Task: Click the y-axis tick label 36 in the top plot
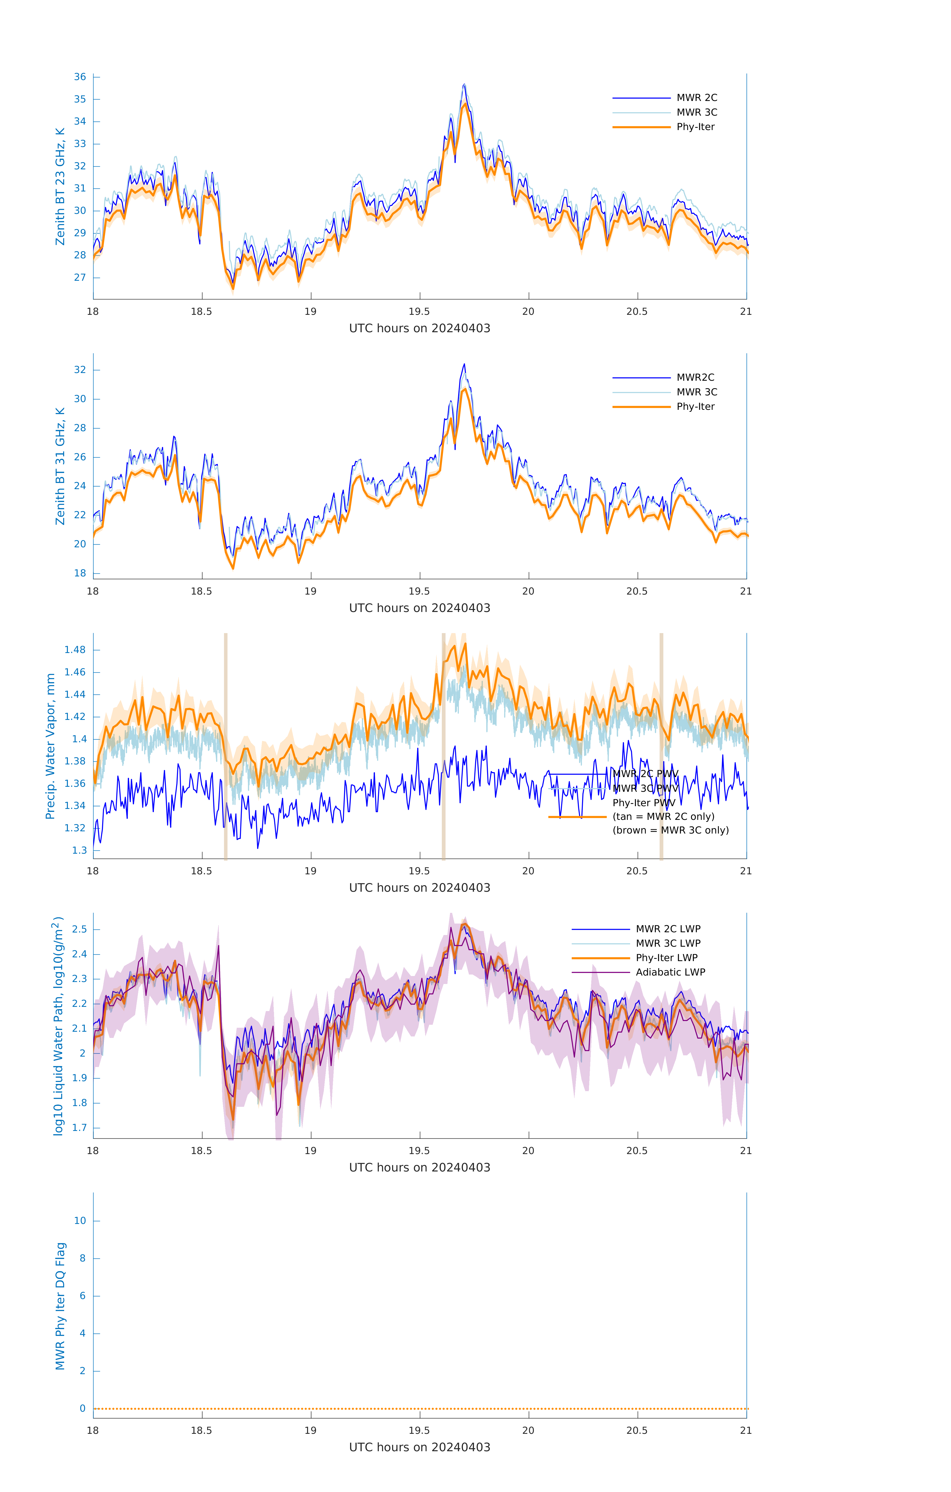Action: pyautogui.click(x=80, y=77)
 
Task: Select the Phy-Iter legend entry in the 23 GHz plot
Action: pyautogui.click(x=695, y=127)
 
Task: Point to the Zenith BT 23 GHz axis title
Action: pyautogui.click(x=60, y=186)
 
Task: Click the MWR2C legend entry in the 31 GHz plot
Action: pyautogui.click(x=695, y=377)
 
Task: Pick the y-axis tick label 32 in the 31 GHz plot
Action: pyautogui.click(x=80, y=370)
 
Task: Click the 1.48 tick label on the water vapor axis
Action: pyautogui.click(x=75, y=650)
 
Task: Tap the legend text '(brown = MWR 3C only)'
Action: pyautogui.click(x=670, y=830)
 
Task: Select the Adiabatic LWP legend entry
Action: pyautogui.click(x=670, y=972)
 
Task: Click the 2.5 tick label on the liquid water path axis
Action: pyautogui.click(x=79, y=930)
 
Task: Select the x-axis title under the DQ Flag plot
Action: pyautogui.click(x=419, y=1447)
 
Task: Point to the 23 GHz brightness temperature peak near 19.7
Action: pyautogui.click(x=464, y=85)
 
